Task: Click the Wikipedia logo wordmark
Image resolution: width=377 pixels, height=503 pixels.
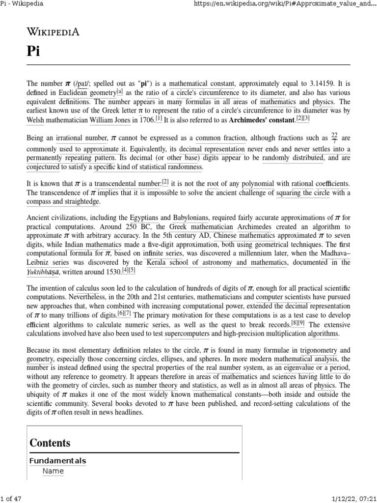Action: click(x=53, y=32)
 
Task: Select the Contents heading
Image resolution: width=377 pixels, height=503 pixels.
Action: click(x=50, y=443)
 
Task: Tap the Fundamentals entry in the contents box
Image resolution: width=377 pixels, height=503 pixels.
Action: click(x=57, y=461)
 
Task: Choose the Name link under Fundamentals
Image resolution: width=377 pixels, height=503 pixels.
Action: click(x=53, y=472)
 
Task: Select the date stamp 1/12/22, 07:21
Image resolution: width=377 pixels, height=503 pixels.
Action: click(x=354, y=499)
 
